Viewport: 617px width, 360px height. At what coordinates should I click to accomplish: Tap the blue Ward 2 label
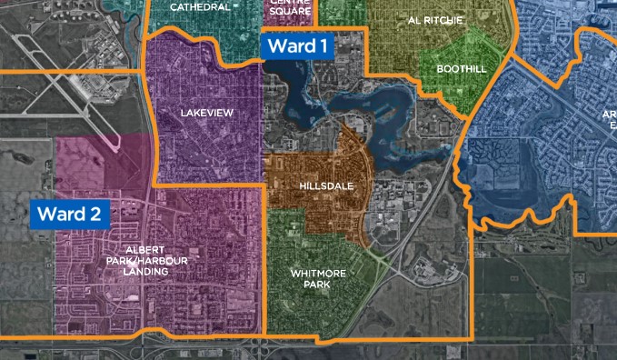click(x=71, y=215)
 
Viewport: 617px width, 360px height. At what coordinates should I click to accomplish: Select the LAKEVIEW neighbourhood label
click(x=207, y=113)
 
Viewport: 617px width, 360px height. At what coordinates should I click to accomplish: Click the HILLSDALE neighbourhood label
click(x=323, y=185)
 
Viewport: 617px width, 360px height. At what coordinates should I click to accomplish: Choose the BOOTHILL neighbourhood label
click(x=462, y=69)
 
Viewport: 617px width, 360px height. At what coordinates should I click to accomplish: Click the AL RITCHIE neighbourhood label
click(x=435, y=20)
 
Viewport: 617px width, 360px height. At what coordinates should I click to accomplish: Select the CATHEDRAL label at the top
click(x=200, y=7)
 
